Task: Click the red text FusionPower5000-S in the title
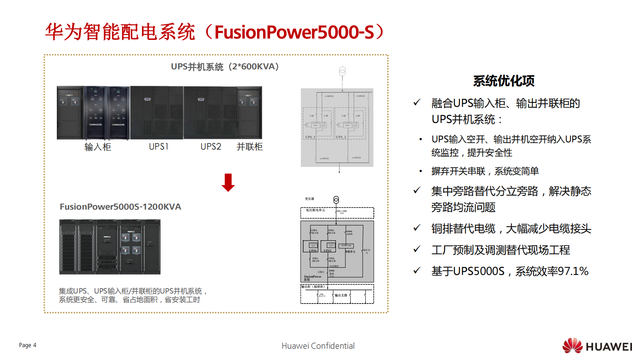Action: [294, 32]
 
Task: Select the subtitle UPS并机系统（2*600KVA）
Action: [225, 67]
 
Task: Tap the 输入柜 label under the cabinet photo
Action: [98, 147]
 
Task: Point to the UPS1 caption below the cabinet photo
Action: [158, 147]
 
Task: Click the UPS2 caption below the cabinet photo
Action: [211, 147]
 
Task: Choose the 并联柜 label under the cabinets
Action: [250, 147]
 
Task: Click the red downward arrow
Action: [228, 182]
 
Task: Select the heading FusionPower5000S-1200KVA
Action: [121, 207]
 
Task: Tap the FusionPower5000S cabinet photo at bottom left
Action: [110, 247]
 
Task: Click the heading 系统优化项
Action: [504, 81]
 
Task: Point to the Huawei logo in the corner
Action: [597, 346]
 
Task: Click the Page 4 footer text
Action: [27, 345]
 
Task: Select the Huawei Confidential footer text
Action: [318, 346]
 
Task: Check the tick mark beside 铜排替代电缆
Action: [417, 228]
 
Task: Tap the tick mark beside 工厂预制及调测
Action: [417, 250]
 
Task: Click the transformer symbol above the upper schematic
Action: [342, 71]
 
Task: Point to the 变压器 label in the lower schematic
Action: [309, 199]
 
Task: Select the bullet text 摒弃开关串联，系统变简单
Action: [485, 171]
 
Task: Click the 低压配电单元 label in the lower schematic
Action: [315, 210]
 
